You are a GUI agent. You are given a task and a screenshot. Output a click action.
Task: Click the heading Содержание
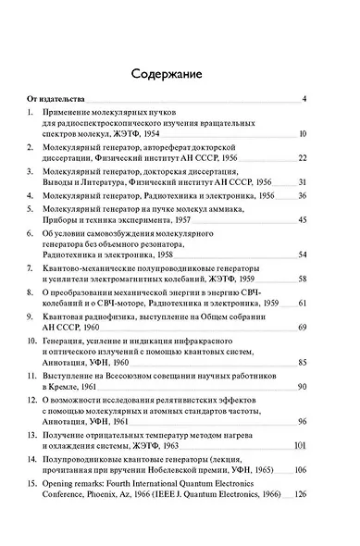click(180, 73)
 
